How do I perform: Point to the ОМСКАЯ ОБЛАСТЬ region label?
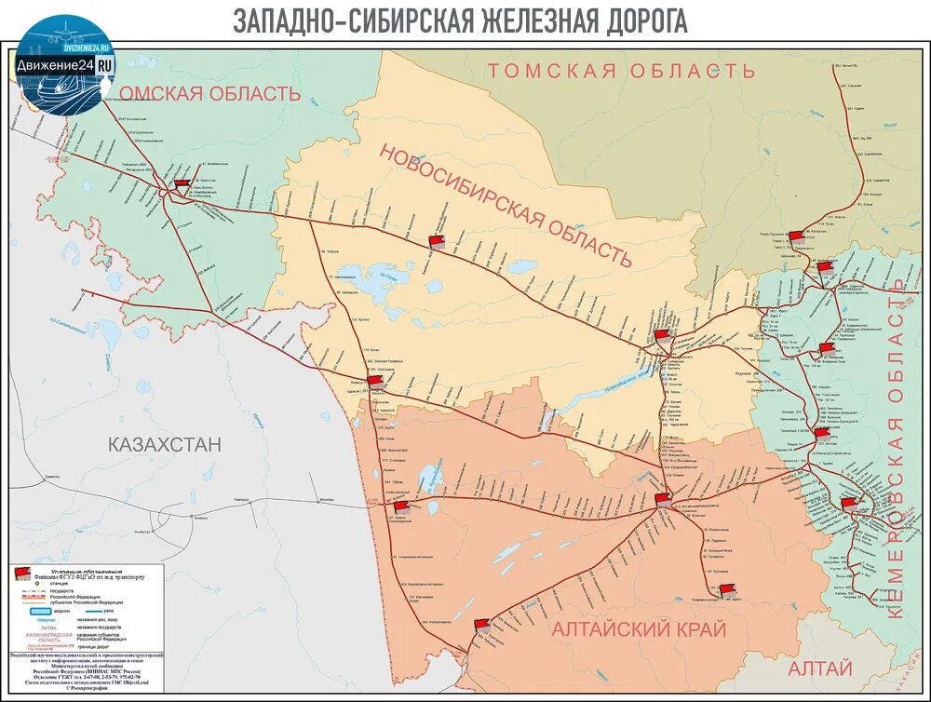coord(210,93)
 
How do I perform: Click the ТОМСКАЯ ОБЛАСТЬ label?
coord(621,71)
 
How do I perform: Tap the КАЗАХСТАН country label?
coord(165,444)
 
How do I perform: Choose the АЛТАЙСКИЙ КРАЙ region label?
coord(639,629)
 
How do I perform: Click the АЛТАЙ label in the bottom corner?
coord(820,668)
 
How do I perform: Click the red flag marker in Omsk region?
coord(182,183)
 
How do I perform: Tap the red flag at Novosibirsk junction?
coord(661,334)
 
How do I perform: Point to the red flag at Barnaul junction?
coord(662,499)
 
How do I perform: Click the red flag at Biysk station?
coord(727,589)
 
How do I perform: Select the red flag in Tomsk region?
coord(796,236)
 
